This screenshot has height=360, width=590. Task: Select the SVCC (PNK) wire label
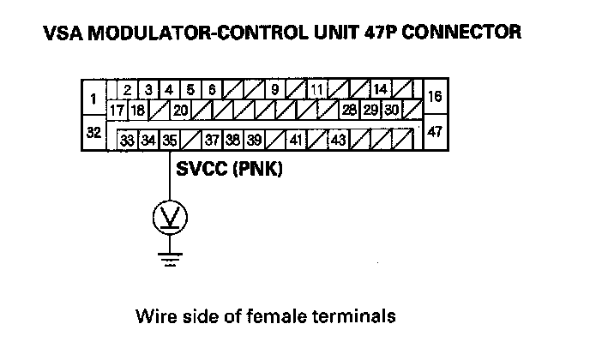[x=229, y=170]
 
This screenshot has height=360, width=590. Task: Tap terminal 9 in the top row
[x=275, y=89]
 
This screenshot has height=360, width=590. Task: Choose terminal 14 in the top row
[x=381, y=89]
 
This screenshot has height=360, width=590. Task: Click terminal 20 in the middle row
[x=180, y=110]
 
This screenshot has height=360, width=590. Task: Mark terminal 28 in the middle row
[x=349, y=110]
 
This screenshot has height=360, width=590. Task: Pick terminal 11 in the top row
[x=317, y=89]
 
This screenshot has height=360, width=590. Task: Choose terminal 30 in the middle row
[x=391, y=110]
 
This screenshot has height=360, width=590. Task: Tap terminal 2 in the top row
[x=127, y=89]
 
